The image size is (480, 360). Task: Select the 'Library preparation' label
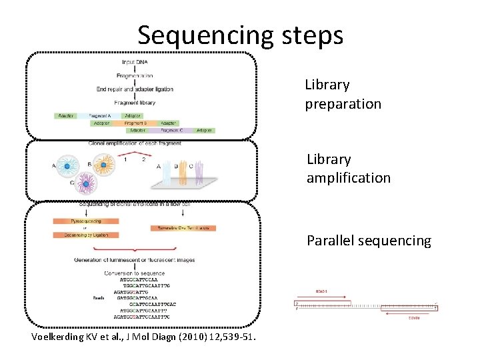pyautogui.click(x=343, y=95)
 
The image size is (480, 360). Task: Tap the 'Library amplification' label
pyautogui.click(x=348, y=169)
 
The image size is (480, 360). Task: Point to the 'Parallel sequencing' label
pyautogui.click(x=369, y=241)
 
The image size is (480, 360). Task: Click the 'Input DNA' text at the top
pyautogui.click(x=135, y=63)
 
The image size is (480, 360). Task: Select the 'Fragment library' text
pyautogui.click(x=135, y=103)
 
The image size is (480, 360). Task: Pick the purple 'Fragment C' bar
pyautogui.click(x=167, y=131)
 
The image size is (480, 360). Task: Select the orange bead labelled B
pyautogui.click(x=103, y=164)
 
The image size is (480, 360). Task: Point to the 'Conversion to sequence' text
pyautogui.click(x=135, y=273)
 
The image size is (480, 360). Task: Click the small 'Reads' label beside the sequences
pyautogui.click(x=98, y=299)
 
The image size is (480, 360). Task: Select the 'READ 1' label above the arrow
pyautogui.click(x=321, y=291)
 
